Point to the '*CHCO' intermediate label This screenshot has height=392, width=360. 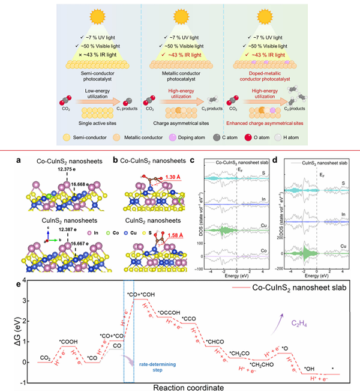[213, 340]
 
